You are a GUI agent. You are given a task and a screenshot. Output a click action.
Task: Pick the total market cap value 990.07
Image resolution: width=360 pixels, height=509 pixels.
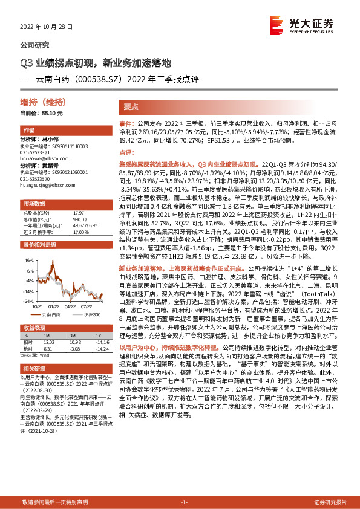point(79,218)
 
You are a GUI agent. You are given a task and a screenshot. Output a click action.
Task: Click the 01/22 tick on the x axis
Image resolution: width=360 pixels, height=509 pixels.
point(62,305)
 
